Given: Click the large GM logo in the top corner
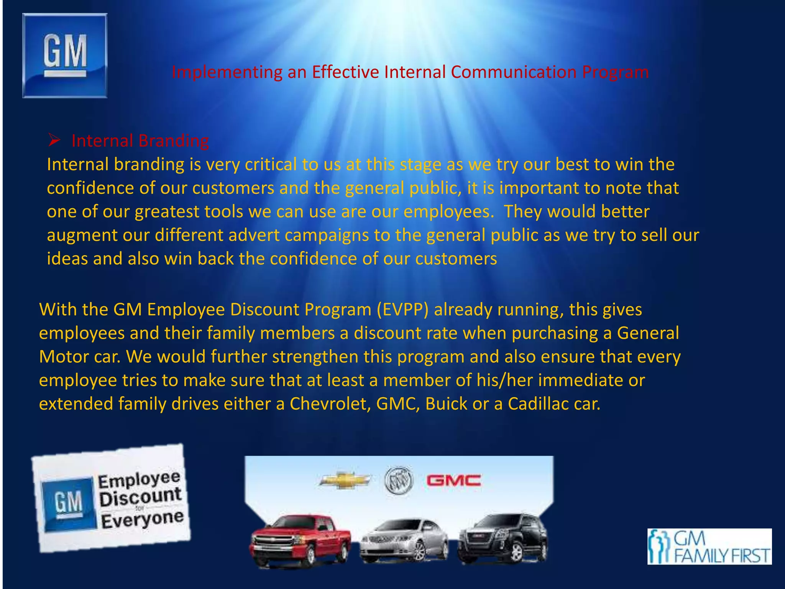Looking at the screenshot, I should pos(65,56).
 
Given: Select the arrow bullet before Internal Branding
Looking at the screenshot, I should pos(54,141).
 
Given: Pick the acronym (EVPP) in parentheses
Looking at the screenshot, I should pos(402,310).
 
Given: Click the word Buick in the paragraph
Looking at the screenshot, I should pos(446,404).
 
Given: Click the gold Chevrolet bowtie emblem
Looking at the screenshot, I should pos(345,480).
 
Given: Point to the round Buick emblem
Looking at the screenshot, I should pos(399,480).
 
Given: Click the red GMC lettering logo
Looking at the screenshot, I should pos(454,480).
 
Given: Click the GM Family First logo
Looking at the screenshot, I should pos(709,546).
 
